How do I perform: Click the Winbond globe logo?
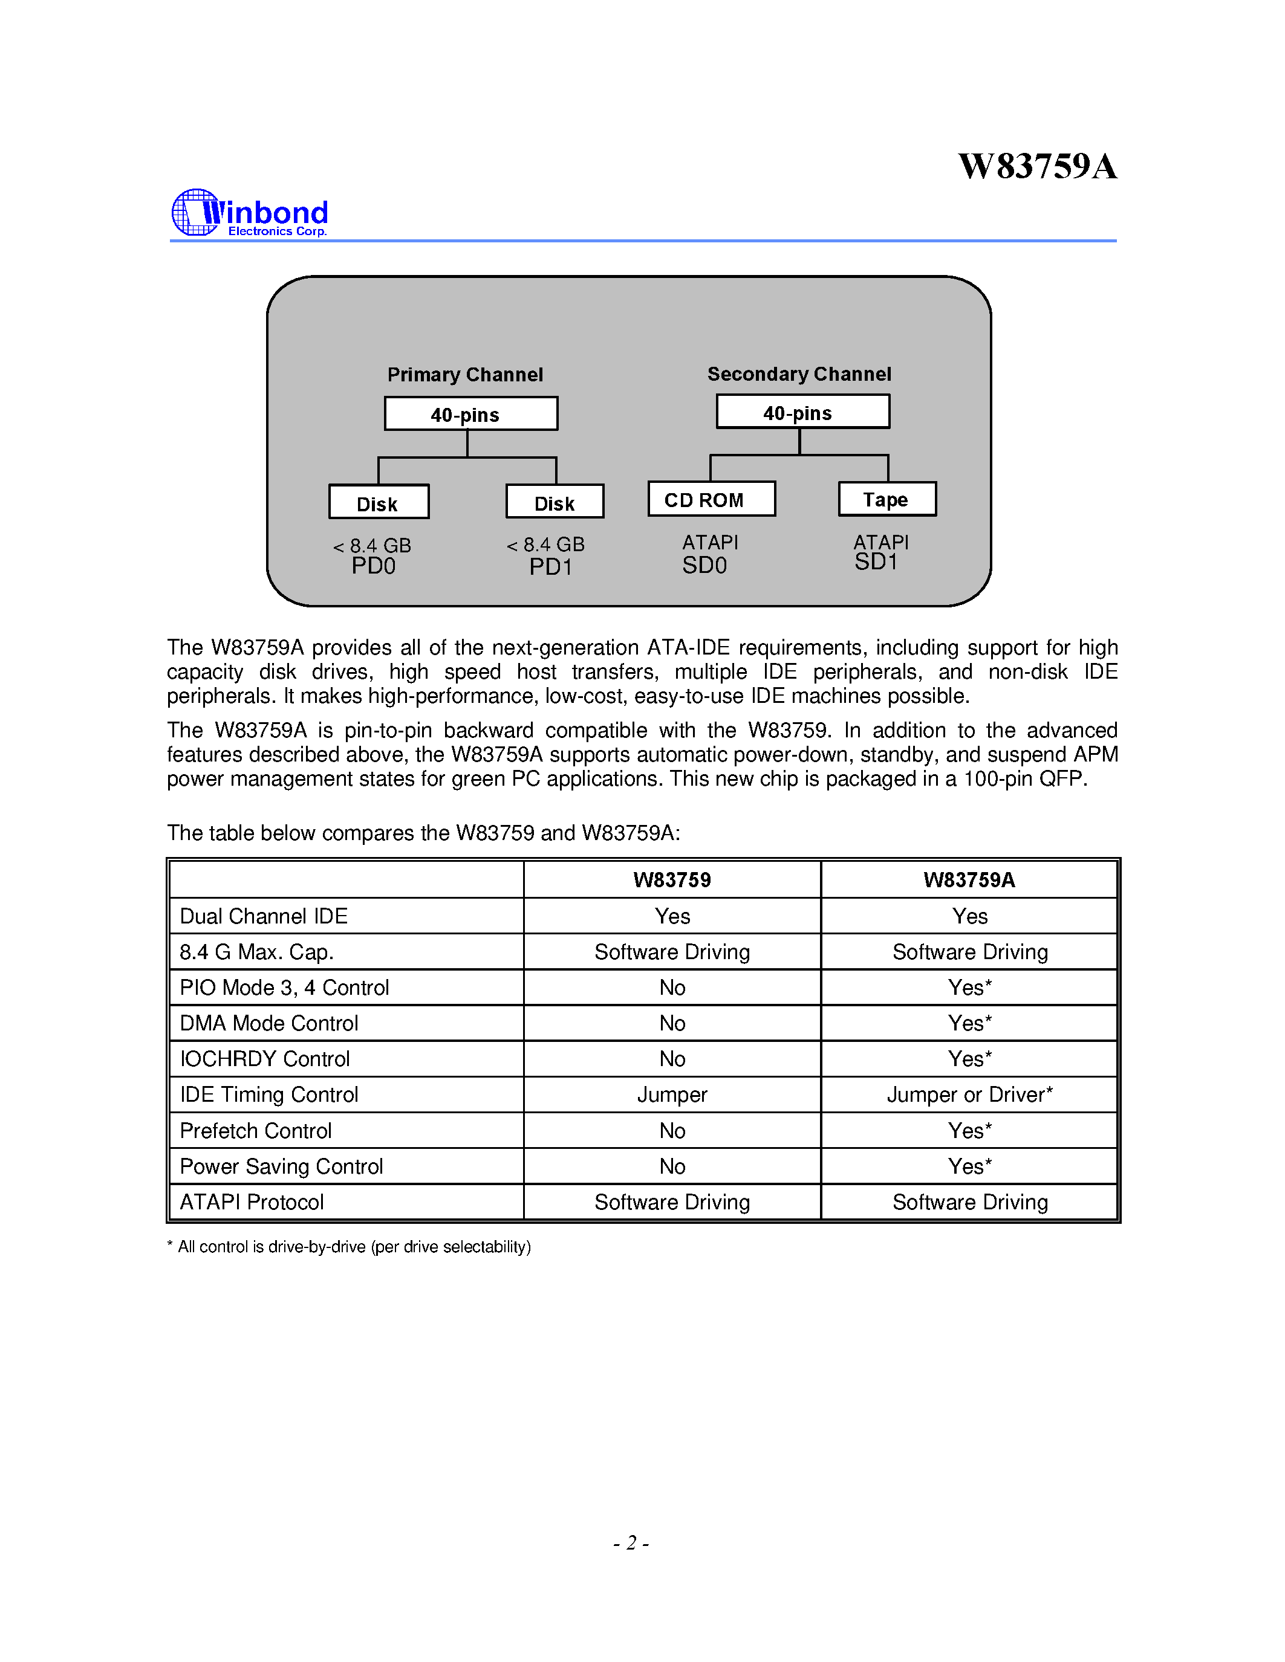click(x=195, y=212)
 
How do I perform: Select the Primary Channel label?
click(x=464, y=375)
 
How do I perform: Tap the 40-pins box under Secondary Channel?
click(x=802, y=412)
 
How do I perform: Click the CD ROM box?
click(x=711, y=499)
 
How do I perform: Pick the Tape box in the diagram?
click(x=887, y=499)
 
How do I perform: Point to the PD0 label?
click(x=373, y=566)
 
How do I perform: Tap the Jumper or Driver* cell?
click(x=969, y=1095)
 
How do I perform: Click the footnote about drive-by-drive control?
click(x=349, y=1246)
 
